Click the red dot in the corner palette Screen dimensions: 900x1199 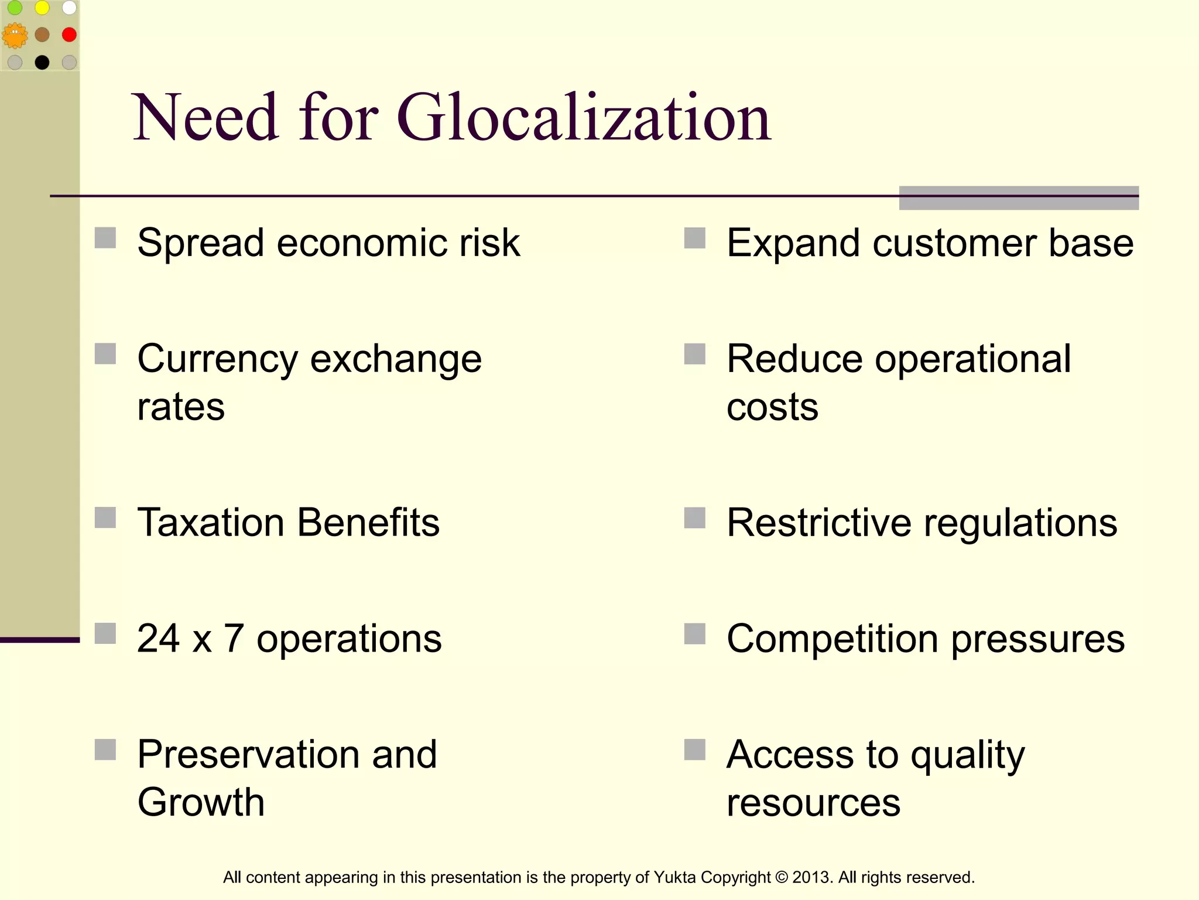(x=69, y=35)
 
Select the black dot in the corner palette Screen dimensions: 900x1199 (x=42, y=62)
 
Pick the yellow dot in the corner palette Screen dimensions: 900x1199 (x=42, y=8)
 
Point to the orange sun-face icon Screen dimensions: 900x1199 (x=15, y=35)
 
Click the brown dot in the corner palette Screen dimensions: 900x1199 (x=42, y=35)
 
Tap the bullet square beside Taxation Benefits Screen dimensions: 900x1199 (x=105, y=518)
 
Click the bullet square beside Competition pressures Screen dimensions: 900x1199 (x=695, y=633)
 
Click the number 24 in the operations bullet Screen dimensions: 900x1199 (x=158, y=638)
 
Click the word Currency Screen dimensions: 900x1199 (x=217, y=360)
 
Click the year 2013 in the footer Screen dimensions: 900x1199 (x=810, y=877)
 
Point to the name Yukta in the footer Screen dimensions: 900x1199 (x=674, y=877)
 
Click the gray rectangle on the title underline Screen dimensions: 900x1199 (x=1019, y=198)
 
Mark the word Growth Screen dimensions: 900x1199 (x=201, y=802)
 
